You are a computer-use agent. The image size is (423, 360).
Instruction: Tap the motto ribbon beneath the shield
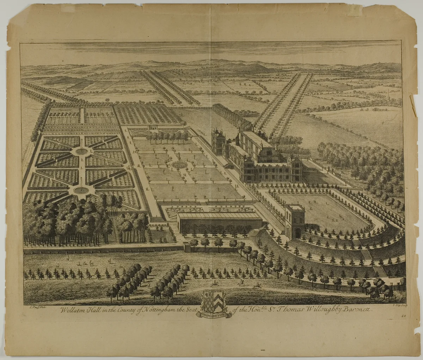pyautogui.click(x=214, y=315)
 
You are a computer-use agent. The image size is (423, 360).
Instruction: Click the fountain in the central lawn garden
pyautogui.click(x=179, y=164)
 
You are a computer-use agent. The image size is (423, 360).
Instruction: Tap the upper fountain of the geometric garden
pyautogui.click(x=81, y=151)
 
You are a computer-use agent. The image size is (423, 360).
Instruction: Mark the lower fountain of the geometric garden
pyautogui.click(x=81, y=190)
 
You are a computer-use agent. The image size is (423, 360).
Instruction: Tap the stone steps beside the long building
pyautogui.click(x=254, y=232)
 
